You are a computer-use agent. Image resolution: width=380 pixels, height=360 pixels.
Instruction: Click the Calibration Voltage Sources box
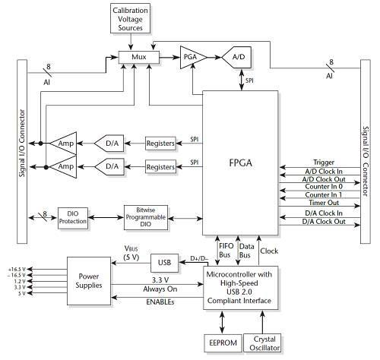click(x=130, y=18)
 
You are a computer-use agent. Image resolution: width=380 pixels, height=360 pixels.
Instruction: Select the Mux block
click(x=139, y=57)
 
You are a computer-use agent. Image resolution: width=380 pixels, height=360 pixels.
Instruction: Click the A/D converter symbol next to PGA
click(x=236, y=57)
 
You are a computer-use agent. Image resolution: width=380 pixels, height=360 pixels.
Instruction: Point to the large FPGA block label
click(x=240, y=163)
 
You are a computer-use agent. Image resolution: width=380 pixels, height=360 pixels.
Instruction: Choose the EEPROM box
click(x=223, y=343)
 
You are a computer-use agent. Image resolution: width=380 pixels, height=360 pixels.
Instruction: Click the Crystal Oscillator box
click(x=262, y=343)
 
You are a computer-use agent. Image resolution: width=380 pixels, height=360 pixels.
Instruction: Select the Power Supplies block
click(x=89, y=281)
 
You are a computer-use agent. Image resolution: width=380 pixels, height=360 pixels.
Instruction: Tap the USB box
click(x=164, y=263)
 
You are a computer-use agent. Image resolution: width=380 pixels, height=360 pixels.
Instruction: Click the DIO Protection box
click(x=73, y=218)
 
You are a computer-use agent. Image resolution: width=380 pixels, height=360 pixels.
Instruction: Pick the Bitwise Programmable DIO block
click(x=146, y=217)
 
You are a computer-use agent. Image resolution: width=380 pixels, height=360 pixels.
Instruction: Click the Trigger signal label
click(x=324, y=163)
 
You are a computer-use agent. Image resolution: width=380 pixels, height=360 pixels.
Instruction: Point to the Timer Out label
click(x=324, y=203)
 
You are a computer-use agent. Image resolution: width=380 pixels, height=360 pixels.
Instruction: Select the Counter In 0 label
click(x=324, y=187)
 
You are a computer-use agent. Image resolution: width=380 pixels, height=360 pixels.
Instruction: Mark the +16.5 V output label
click(x=17, y=269)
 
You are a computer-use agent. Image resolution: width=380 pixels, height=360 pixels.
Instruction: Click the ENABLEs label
click(x=160, y=302)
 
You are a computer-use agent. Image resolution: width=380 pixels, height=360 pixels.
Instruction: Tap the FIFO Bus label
click(x=226, y=251)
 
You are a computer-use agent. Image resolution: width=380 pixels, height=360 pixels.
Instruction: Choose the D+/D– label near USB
click(x=199, y=258)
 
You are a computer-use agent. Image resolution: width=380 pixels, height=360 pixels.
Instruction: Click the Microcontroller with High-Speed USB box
click(x=240, y=288)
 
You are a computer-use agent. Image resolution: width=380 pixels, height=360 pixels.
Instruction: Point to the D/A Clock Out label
click(x=324, y=222)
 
